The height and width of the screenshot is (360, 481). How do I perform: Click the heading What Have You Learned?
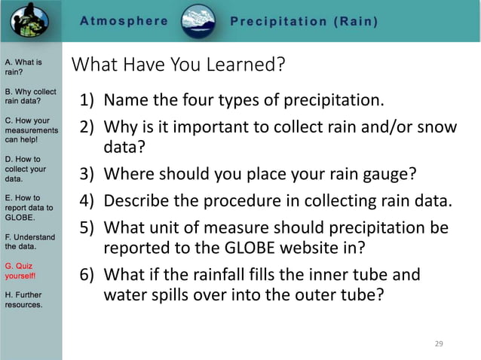pos(178,66)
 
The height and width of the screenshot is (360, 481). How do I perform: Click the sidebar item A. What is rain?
pos(23,67)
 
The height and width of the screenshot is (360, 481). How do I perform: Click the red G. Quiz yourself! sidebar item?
pos(23,270)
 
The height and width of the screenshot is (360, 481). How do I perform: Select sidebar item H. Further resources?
pos(24,300)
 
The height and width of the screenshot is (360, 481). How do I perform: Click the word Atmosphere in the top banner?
pos(124,21)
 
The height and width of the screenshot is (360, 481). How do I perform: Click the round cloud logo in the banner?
pos(199,20)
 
